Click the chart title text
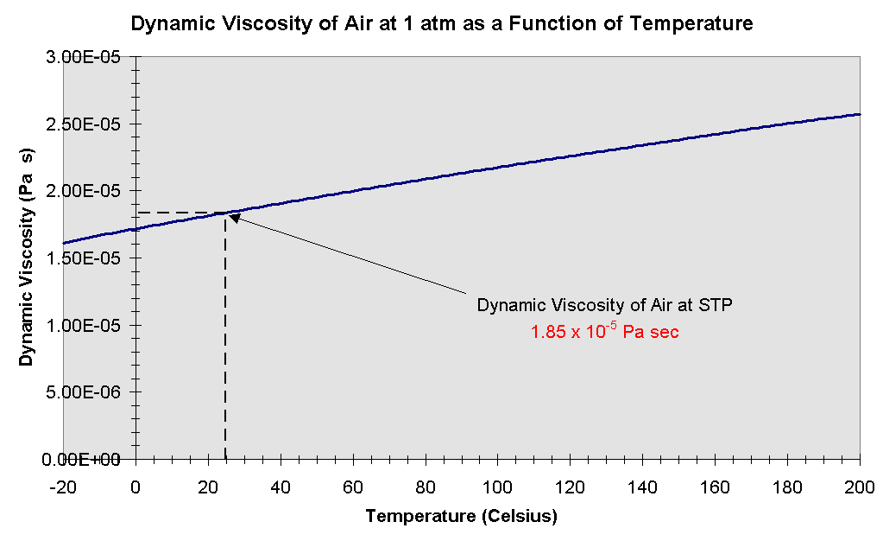pyautogui.click(x=441, y=23)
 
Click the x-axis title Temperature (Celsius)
pyautogui.click(x=461, y=517)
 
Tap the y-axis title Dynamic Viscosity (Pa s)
pyautogui.click(x=28, y=258)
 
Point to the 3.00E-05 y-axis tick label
pyautogui.click(x=92, y=57)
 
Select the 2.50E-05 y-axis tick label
pyautogui.click(x=92, y=124)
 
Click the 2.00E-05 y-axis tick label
pyautogui.click(x=92, y=191)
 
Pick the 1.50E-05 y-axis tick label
pyautogui.click(x=92, y=258)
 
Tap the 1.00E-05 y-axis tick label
pyautogui.click(x=92, y=325)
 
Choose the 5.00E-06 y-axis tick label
pyautogui.click(x=92, y=391)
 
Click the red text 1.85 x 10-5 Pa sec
pyautogui.click(x=604, y=331)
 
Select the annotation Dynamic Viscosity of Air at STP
pyautogui.click(x=604, y=305)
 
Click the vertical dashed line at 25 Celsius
pyautogui.click(x=225, y=346)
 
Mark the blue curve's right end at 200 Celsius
pyautogui.click(x=860, y=114)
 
